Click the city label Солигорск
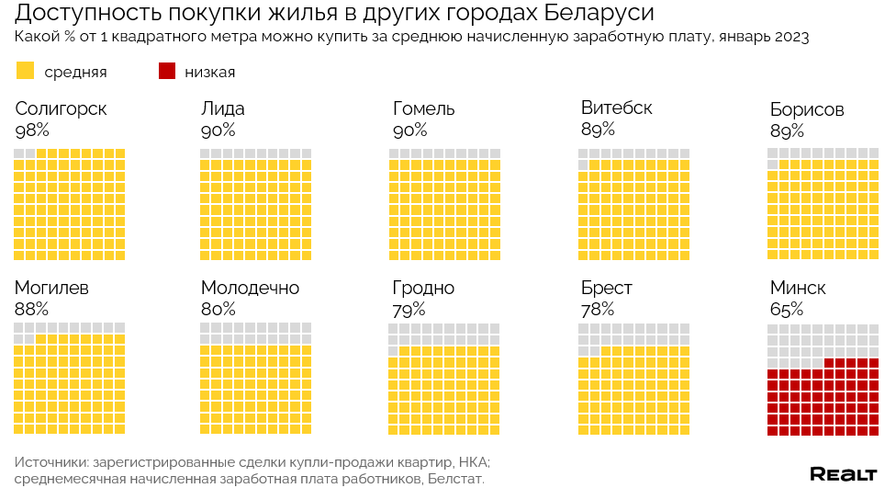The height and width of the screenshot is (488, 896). [x=61, y=109]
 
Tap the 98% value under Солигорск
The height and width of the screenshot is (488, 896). [x=32, y=131]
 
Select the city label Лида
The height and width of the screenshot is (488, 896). [x=222, y=109]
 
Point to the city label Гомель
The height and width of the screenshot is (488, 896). [x=423, y=109]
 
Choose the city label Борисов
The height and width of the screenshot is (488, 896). [x=807, y=110]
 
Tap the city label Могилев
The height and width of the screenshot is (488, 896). [x=51, y=289]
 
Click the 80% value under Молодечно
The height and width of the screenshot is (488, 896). [x=218, y=309]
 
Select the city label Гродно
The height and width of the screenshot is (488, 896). [x=423, y=289]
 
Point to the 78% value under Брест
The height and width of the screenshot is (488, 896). [x=598, y=309]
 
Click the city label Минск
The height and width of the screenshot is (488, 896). [x=798, y=289]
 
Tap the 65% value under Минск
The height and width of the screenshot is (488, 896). [x=787, y=309]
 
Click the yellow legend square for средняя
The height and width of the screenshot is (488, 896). [x=26, y=72]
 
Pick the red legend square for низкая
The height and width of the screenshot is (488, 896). [x=167, y=72]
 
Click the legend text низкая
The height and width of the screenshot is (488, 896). [x=209, y=72]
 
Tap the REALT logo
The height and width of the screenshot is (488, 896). [x=843, y=473]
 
